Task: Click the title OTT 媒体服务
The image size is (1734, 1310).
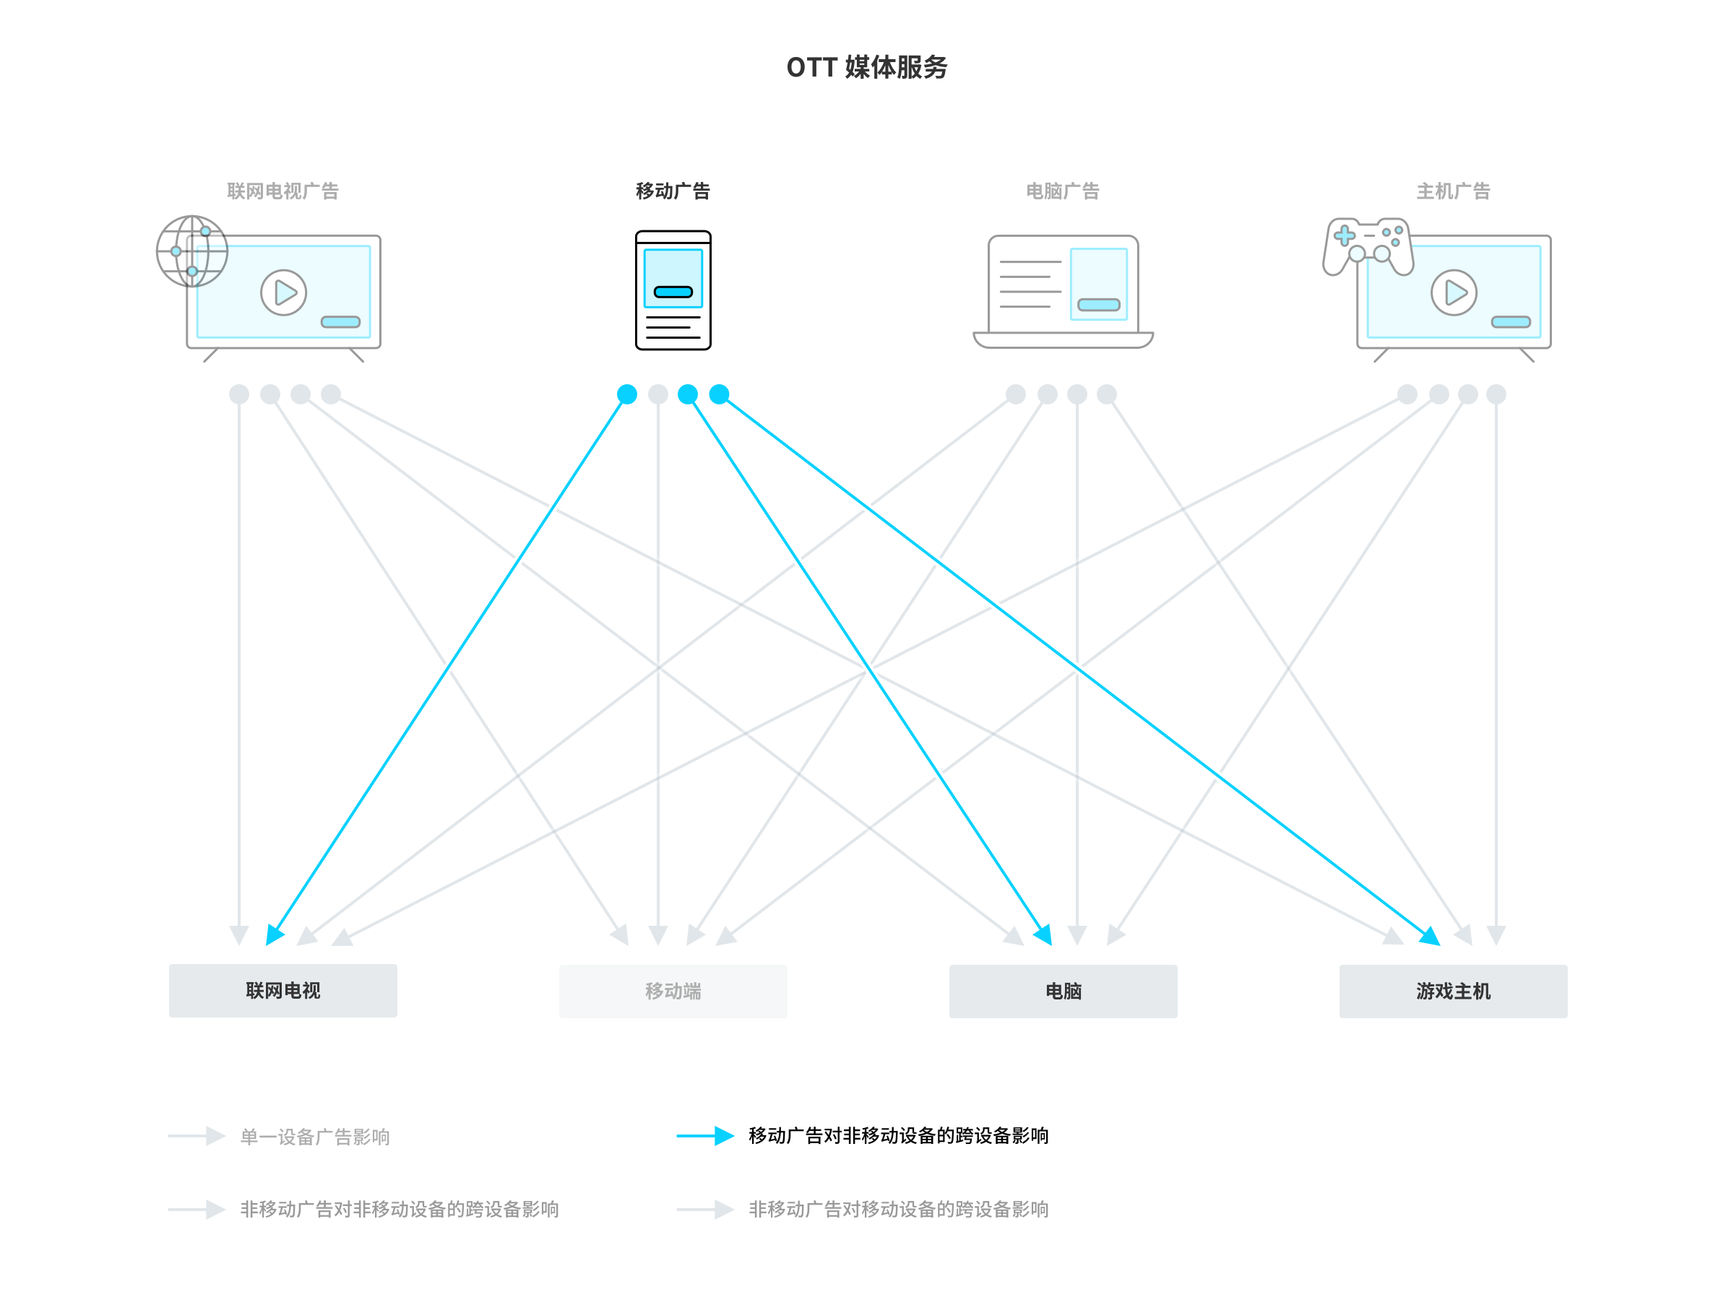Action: pyautogui.click(x=866, y=67)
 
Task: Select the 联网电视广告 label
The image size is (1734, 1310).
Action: pyautogui.click(x=282, y=191)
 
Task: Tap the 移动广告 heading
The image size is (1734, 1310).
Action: pyautogui.click(x=673, y=191)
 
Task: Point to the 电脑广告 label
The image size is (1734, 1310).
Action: pyautogui.click(x=1062, y=191)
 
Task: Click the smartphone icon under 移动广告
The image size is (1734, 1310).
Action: pyautogui.click(x=673, y=290)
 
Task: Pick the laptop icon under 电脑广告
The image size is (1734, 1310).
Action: pyautogui.click(x=1062, y=292)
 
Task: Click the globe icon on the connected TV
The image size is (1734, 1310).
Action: pyautogui.click(x=192, y=251)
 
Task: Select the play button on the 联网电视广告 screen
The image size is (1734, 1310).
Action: pyautogui.click(x=283, y=293)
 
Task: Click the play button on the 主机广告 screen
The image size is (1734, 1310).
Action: pyautogui.click(x=1454, y=293)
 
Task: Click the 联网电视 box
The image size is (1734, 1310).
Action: pyautogui.click(x=283, y=990)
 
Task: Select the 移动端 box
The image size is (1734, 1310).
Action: pyautogui.click(x=673, y=991)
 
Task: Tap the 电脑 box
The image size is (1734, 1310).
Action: pyautogui.click(x=1062, y=991)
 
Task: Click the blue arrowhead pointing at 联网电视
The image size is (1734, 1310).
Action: pyautogui.click(x=275, y=934)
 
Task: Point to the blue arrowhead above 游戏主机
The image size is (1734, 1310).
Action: pyautogui.click(x=1431, y=935)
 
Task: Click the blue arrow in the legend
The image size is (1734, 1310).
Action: pyautogui.click(x=705, y=1135)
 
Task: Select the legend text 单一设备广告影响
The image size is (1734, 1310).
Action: pyautogui.click(x=314, y=1136)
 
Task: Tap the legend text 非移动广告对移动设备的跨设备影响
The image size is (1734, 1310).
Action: pyautogui.click(x=897, y=1209)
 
